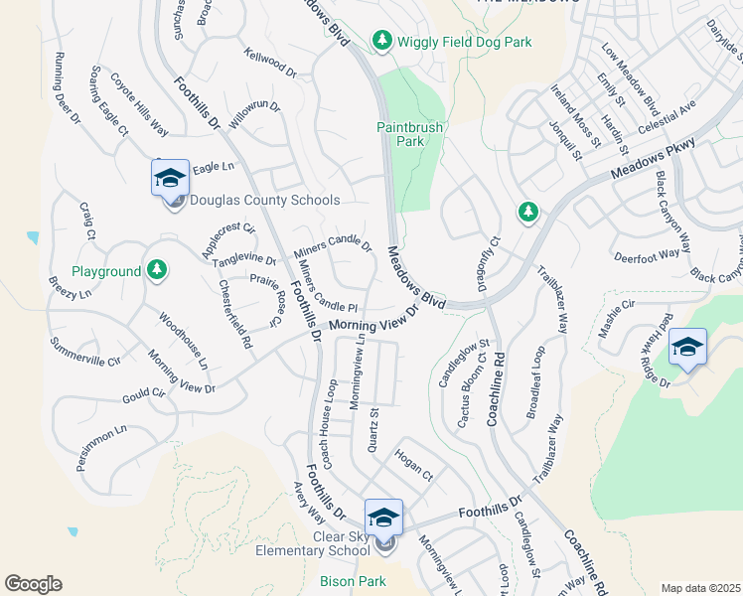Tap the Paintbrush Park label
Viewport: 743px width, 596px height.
pos(409,134)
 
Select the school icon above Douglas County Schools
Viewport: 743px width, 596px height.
pos(170,178)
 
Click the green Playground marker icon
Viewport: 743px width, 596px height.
pos(156,270)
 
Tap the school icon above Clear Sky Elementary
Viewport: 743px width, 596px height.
pos(383,517)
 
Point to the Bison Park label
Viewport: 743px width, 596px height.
pos(346,580)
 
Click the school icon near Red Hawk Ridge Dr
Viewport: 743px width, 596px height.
pos(687,347)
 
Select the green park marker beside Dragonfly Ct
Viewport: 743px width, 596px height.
pos(528,213)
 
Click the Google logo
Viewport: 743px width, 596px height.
pos(33,583)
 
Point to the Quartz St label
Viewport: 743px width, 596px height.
pos(371,431)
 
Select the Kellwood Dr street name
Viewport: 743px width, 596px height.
pos(270,62)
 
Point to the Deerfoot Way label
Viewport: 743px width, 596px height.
pos(647,253)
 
